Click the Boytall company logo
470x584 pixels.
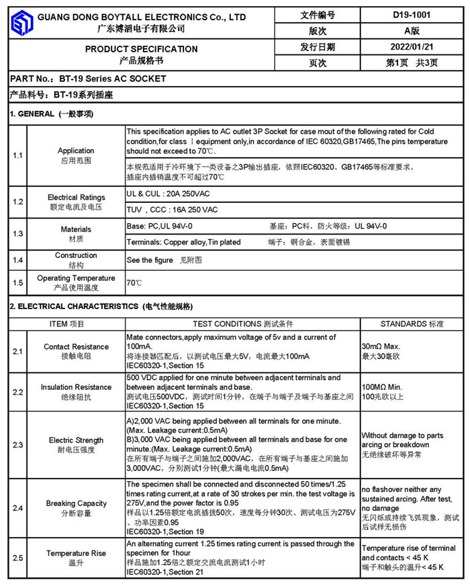[22, 22]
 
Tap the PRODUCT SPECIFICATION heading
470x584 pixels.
[141, 49]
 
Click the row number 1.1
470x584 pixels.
[18, 155]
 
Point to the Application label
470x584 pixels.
[76, 151]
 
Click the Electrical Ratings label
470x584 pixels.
[76, 198]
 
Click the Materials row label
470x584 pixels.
[76, 229]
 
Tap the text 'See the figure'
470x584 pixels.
[149, 259]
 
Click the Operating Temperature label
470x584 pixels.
[76, 278]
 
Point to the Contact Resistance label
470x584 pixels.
[76, 347]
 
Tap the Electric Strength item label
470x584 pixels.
[76, 440]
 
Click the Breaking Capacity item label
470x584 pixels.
[76, 503]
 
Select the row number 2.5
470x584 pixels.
[18, 558]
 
